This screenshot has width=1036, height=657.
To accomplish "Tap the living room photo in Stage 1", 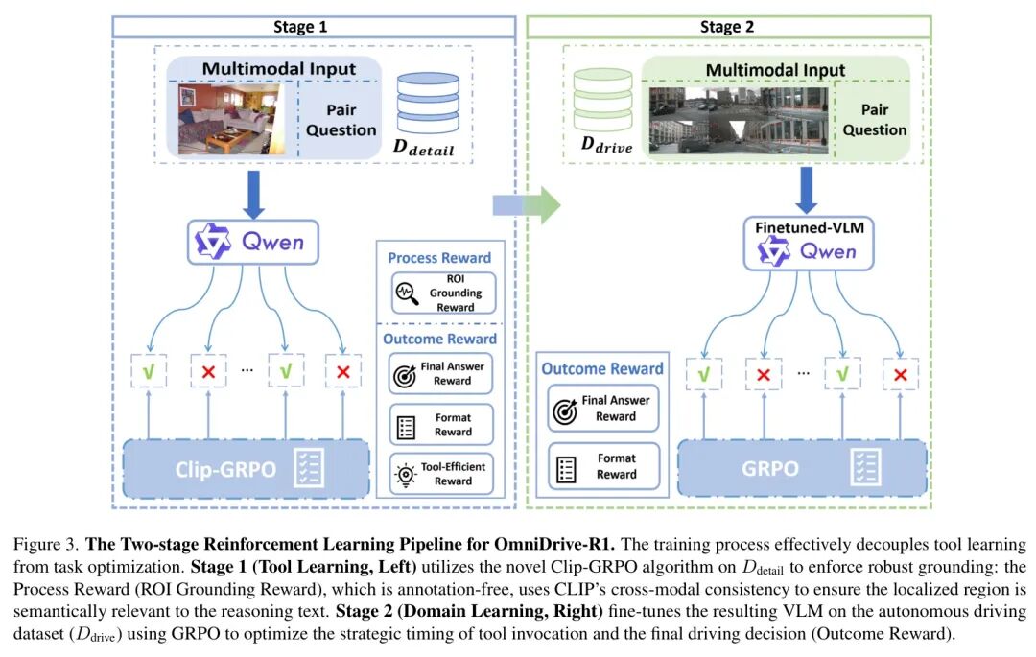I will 231,118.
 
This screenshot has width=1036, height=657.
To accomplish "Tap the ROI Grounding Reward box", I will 441,293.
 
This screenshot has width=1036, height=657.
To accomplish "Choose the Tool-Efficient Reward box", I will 441,474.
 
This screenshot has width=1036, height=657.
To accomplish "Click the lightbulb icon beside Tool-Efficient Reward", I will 407,474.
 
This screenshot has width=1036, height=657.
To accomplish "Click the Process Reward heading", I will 439,257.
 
